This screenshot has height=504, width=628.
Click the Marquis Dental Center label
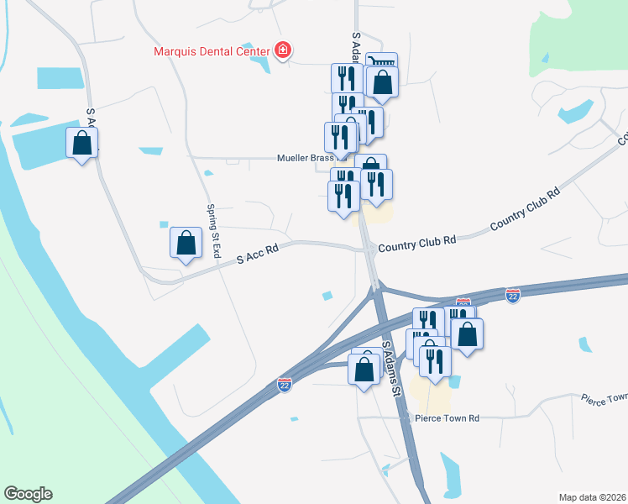(213, 50)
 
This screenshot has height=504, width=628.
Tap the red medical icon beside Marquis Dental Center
(283, 50)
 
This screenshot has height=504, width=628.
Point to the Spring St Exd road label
(214, 229)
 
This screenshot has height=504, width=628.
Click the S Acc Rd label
(257, 256)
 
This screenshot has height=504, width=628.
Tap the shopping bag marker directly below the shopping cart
(382, 84)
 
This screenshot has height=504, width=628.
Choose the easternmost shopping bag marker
(467, 333)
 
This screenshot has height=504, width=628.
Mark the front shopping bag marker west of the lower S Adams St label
(364, 370)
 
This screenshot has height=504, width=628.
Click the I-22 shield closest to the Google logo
(285, 384)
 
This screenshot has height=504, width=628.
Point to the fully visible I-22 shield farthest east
(514, 295)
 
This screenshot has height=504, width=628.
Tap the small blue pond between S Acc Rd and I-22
(327, 295)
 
